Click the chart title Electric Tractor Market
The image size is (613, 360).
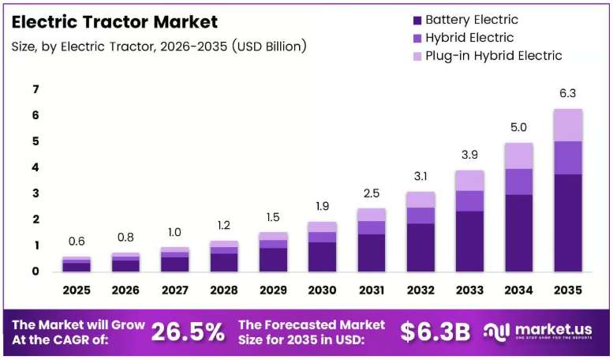(x=114, y=22)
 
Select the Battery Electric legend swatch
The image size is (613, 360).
(x=417, y=20)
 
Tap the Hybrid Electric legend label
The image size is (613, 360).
(x=469, y=38)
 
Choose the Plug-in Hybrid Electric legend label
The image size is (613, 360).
(x=493, y=56)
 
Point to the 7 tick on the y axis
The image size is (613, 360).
(x=36, y=89)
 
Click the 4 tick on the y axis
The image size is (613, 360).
(x=36, y=167)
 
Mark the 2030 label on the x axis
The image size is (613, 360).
(x=322, y=290)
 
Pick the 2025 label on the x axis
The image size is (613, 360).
(x=77, y=290)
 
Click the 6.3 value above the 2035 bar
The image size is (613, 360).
(x=568, y=93)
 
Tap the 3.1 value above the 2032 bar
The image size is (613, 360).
(x=421, y=177)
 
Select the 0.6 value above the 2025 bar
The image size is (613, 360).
(x=77, y=241)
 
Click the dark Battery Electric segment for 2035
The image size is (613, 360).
(x=568, y=223)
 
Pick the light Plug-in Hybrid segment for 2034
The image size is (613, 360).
(x=519, y=156)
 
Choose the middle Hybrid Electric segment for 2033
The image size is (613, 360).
(x=469, y=201)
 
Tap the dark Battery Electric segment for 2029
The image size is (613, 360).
(x=273, y=260)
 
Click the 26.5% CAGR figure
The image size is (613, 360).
(x=188, y=332)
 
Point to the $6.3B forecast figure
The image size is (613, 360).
(x=435, y=332)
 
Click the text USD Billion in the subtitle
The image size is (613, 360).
(x=269, y=46)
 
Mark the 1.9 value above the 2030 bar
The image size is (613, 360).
(x=322, y=206)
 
